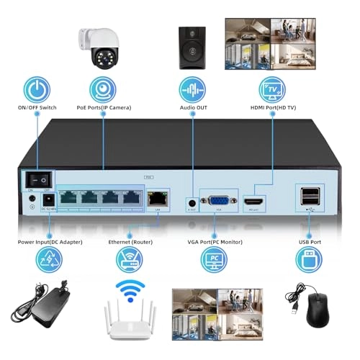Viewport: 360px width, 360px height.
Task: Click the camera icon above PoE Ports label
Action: point(103,90)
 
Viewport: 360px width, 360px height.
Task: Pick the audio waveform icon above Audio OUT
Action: point(192,90)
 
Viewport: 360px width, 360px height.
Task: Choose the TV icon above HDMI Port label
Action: point(272,90)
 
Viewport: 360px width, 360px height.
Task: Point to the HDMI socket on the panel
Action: point(254,204)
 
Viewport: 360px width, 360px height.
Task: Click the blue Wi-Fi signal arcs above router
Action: point(130,289)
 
